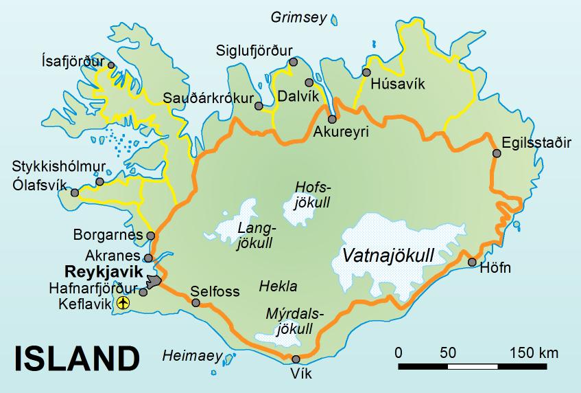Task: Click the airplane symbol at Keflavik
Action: tap(123, 303)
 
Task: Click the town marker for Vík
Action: tap(296, 359)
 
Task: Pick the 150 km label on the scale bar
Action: tap(534, 353)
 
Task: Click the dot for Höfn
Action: tap(472, 262)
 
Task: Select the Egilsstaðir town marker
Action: tap(497, 153)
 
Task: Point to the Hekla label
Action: tap(278, 286)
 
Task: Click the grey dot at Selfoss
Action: tap(197, 302)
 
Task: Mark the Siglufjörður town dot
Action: tap(294, 62)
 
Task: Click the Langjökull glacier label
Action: tap(255, 234)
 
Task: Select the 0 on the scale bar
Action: tap(399, 353)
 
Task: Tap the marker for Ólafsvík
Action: tap(75, 193)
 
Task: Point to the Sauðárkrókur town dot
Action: tap(259, 106)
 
